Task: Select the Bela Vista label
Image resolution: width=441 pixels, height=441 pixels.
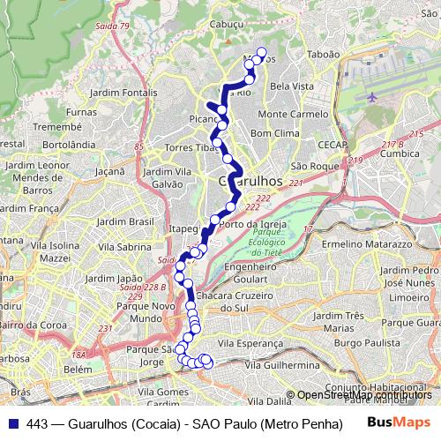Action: [291, 86]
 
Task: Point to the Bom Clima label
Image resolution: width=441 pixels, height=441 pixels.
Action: [275, 132]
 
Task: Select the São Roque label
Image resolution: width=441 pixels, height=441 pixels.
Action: [314, 166]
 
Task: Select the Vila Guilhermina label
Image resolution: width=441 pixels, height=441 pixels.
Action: [282, 364]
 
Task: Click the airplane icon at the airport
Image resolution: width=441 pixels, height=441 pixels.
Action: [371, 95]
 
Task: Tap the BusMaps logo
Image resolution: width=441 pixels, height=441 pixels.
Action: [399, 422]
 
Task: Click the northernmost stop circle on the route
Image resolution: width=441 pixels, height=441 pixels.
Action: [260, 51]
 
